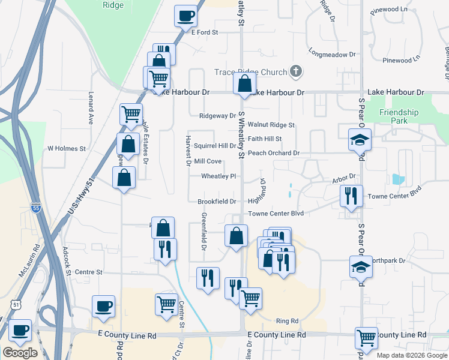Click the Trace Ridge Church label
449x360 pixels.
click(x=251, y=73)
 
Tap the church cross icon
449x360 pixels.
click(x=295, y=72)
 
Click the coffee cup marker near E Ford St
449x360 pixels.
click(x=186, y=16)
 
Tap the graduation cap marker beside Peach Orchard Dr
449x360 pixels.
click(x=360, y=141)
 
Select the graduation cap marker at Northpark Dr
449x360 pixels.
click(x=361, y=267)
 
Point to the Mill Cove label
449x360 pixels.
click(x=208, y=161)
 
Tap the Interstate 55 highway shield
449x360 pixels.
click(x=35, y=208)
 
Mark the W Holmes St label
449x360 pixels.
click(x=67, y=148)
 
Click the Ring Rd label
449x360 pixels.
click(x=287, y=321)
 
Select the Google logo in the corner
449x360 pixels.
click(x=20, y=353)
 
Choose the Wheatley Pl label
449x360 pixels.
click(x=218, y=176)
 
